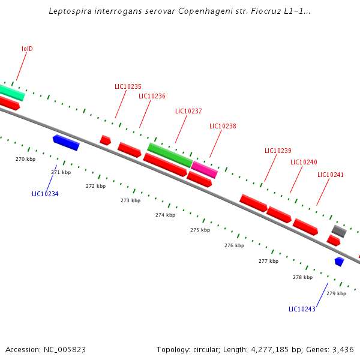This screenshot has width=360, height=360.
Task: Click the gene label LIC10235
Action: pos(128,86)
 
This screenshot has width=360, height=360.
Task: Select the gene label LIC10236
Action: pos(152,96)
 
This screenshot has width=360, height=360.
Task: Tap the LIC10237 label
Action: pos(188,111)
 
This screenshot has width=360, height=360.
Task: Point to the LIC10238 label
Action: pos(223,126)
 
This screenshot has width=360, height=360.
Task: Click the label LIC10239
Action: pos(278,151)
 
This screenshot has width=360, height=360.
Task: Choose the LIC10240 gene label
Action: pos(304,162)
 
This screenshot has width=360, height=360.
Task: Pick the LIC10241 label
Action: pos(331,175)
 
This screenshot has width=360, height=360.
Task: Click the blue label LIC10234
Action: pos(45,194)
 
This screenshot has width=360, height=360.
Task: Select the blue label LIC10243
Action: pos(302,309)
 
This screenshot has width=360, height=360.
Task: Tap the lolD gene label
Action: pos(27,49)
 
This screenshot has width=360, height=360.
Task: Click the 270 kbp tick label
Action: pos(25,159)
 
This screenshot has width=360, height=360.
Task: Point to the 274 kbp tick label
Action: pos(165,215)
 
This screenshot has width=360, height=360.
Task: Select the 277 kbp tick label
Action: pos(268,261)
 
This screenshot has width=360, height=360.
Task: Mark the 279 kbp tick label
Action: pos(336,293)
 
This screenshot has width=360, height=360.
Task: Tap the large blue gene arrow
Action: pos(66,143)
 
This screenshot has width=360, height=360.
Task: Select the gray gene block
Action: pos(339,231)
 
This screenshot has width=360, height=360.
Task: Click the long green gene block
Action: pos(170,155)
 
